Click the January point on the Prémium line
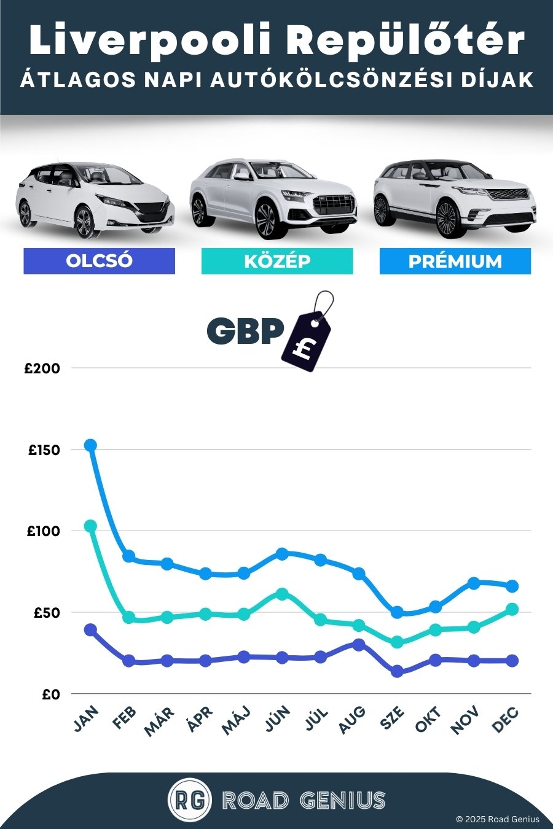tap(90, 445)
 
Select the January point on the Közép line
tap(90, 526)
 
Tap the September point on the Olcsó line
tap(397, 671)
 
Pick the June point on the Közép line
tap(282, 594)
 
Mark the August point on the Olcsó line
tap(359, 645)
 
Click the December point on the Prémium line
tap(512, 586)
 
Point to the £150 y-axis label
tap(44, 450)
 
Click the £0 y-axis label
tap(51, 695)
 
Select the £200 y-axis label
tap(42, 368)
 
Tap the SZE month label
tap(392, 718)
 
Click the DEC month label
tap(506, 720)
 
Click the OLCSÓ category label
tap(99, 260)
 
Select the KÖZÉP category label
tap(277, 261)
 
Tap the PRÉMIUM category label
tap(455, 261)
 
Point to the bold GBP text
tap(245, 331)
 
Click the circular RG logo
tap(189, 800)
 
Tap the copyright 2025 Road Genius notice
tap(497, 819)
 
